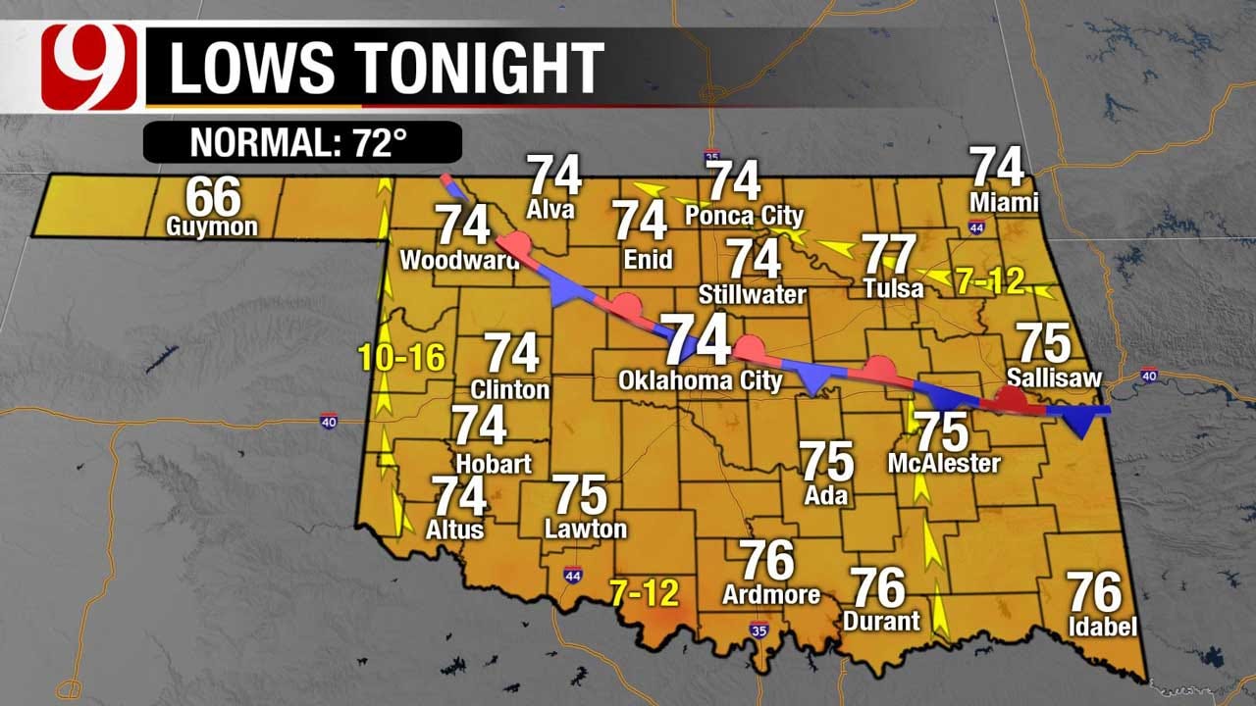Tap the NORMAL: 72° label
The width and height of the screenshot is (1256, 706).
(302, 142)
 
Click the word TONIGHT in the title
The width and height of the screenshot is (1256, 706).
(479, 67)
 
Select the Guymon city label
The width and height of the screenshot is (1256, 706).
(213, 227)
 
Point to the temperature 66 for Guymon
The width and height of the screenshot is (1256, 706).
(213, 196)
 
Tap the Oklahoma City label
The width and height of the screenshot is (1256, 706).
(701, 380)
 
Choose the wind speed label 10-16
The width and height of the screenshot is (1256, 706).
(402, 358)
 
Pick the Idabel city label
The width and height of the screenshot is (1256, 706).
(1104, 626)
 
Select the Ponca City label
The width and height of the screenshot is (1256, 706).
(744, 215)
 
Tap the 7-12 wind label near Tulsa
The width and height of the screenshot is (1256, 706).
(990, 281)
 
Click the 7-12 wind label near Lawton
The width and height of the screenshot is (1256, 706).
(645, 591)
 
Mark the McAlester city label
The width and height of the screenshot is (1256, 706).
(943, 462)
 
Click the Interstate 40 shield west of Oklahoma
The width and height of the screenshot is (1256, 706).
(328, 422)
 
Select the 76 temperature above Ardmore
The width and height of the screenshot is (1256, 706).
(766, 560)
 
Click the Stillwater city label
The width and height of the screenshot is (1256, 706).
(753, 294)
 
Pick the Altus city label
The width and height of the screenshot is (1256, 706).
(456, 529)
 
